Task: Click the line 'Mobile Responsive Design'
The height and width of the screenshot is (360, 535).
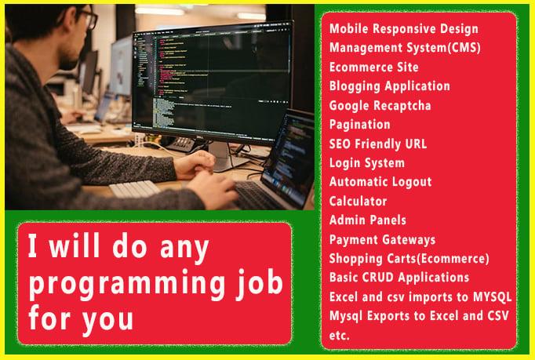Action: click(403, 29)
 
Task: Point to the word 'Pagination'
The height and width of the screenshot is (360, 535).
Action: click(359, 124)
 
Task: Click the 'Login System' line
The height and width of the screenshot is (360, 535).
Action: click(366, 163)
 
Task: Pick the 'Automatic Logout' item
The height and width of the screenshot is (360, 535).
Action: click(380, 182)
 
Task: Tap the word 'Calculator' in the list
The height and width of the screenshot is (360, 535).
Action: click(358, 202)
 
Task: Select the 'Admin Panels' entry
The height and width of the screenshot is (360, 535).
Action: click(367, 220)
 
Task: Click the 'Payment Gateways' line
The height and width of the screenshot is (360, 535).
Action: click(382, 239)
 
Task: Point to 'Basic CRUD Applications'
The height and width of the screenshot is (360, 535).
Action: click(399, 278)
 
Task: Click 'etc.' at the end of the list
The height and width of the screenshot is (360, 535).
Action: click(340, 335)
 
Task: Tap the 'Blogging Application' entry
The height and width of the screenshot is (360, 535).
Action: click(389, 86)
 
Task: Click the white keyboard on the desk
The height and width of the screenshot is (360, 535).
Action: click(134, 189)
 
